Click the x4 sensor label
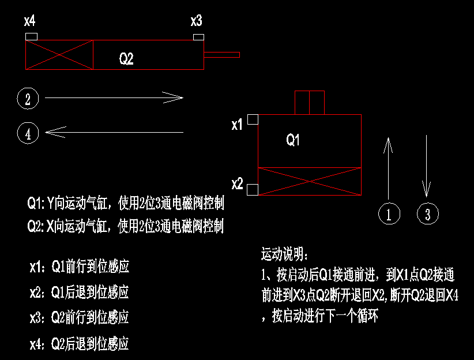[30, 22]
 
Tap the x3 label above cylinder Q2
[197, 22]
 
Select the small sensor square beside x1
[253, 119]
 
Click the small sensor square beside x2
[252, 189]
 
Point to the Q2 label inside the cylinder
[126, 58]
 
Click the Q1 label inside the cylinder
[294, 140]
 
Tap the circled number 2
[28, 99]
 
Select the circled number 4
[28, 134]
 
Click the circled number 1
[389, 214]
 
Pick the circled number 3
[427, 214]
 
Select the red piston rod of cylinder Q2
[221, 55]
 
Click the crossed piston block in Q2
[59, 55]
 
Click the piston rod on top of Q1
[310, 103]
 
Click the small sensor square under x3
[198, 37]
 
